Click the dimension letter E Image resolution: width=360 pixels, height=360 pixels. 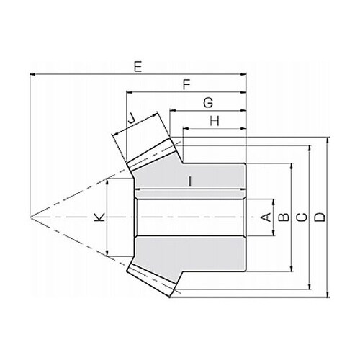[x=138, y=67]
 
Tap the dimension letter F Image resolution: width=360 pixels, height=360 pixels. [x=186, y=84]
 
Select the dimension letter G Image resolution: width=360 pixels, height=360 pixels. [x=208, y=103]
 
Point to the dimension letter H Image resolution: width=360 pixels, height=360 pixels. [x=215, y=121]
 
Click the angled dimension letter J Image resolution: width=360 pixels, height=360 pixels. [x=131, y=118]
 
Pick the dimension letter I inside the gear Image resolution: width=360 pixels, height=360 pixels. [x=190, y=181]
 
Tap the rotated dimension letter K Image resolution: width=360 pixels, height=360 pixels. [x=99, y=217]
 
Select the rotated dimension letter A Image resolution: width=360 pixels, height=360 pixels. [x=266, y=217]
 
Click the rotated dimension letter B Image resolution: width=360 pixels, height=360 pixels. [x=284, y=217]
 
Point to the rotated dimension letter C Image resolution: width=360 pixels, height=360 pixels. [x=302, y=217]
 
